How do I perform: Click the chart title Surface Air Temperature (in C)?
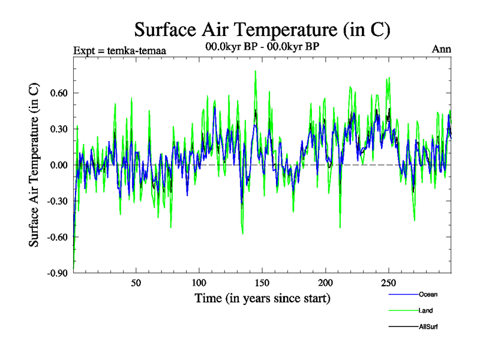(x=262, y=29)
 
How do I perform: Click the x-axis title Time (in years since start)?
(x=262, y=298)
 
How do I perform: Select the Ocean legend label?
(x=428, y=294)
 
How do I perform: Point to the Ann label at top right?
(x=442, y=49)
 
